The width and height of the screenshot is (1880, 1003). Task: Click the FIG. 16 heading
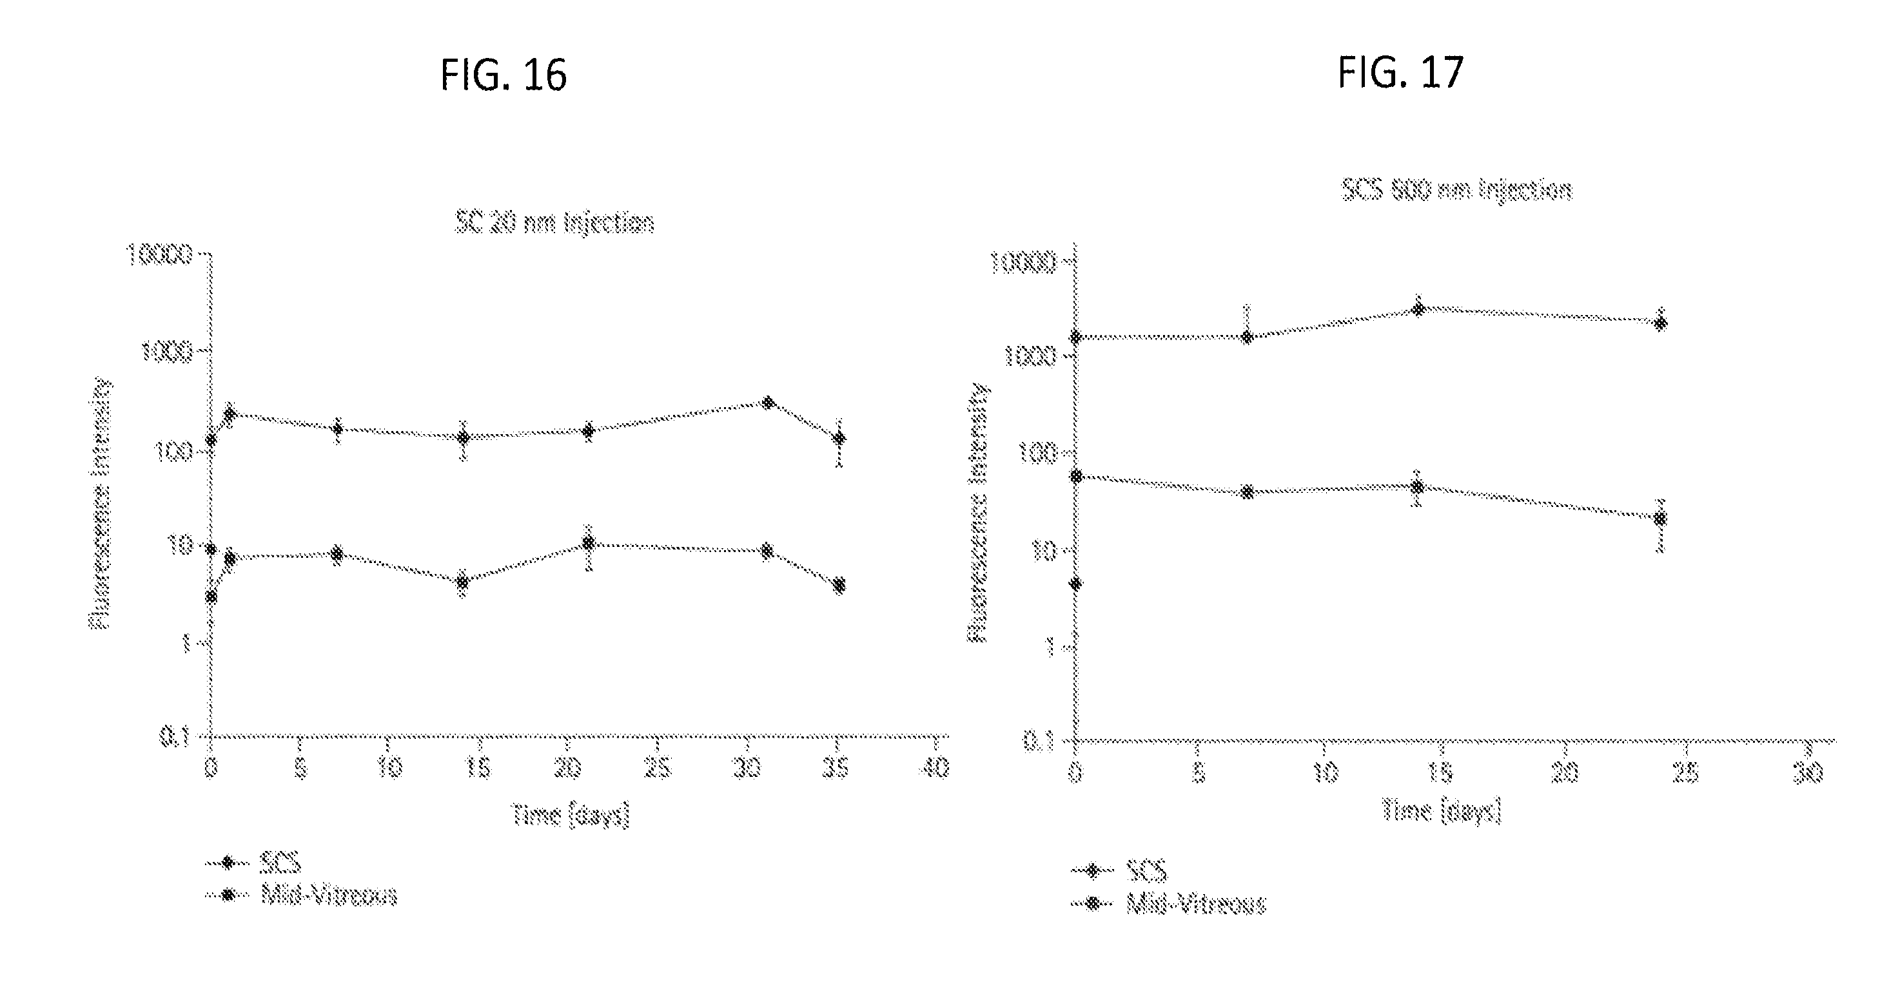coord(504,75)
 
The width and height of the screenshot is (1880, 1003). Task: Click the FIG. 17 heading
coord(1400,72)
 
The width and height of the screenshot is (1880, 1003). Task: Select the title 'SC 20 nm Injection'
coord(554,222)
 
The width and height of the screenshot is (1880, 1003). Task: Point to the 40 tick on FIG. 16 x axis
coord(934,768)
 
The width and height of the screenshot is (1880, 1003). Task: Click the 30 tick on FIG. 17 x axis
coord(1808,772)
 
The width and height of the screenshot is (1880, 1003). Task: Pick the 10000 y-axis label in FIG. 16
coord(161,254)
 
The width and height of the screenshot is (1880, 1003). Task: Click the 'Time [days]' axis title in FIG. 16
coord(570,814)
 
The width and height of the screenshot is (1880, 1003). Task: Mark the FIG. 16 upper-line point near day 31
coord(768,403)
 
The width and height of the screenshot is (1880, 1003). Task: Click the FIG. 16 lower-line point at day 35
coord(839,585)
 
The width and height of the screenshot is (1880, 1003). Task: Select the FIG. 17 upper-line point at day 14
coord(1418,309)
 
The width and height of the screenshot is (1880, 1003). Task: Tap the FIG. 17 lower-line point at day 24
coord(1660,519)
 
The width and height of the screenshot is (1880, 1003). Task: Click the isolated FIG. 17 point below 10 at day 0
coord(1076,584)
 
